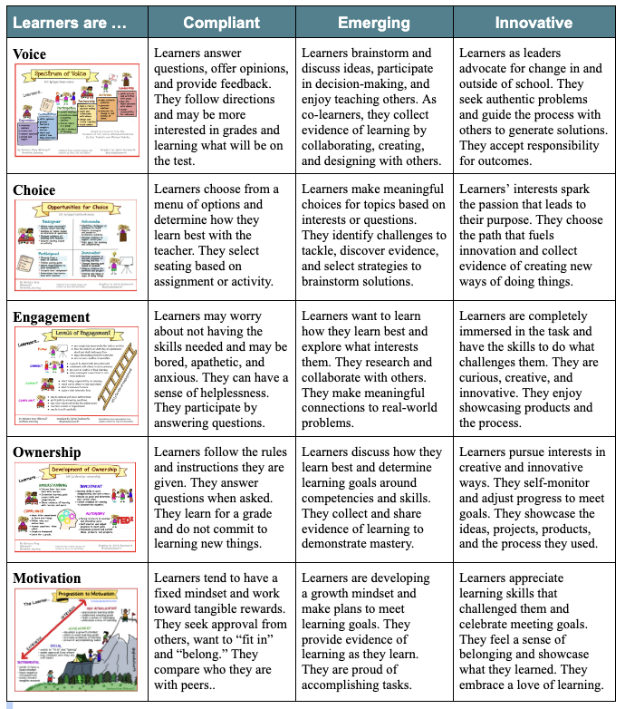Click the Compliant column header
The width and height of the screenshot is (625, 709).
tap(222, 23)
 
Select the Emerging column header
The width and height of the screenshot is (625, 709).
tap(375, 23)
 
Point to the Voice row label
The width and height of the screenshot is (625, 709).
tap(30, 54)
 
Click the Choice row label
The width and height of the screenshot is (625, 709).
tap(34, 190)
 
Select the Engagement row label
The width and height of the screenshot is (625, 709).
tap(52, 317)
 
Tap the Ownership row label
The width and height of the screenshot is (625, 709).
tap(47, 452)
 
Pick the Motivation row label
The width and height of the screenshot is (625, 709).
tap(47, 578)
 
